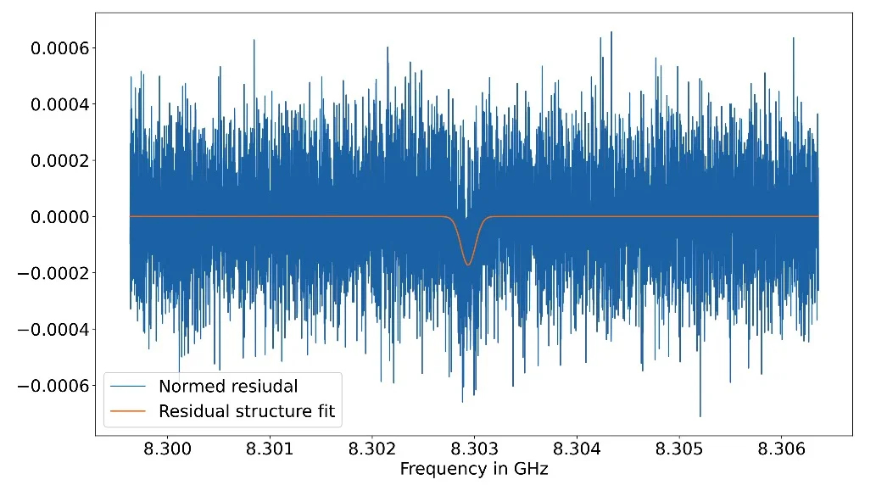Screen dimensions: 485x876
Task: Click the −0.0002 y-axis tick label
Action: click(53, 273)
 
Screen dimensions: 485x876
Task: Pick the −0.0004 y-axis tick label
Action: click(53, 329)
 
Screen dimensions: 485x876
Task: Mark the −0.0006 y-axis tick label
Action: click(53, 386)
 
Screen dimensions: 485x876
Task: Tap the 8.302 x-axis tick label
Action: click(371, 448)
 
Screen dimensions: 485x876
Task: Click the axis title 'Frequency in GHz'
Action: click(474, 469)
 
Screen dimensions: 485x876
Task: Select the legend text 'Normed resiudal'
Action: click(228, 387)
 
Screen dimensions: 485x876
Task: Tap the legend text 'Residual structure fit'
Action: click(247, 412)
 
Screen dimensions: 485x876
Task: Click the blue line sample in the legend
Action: click(128, 387)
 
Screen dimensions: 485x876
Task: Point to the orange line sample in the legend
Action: click(128, 412)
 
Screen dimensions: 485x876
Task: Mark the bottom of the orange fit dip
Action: click(467, 265)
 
